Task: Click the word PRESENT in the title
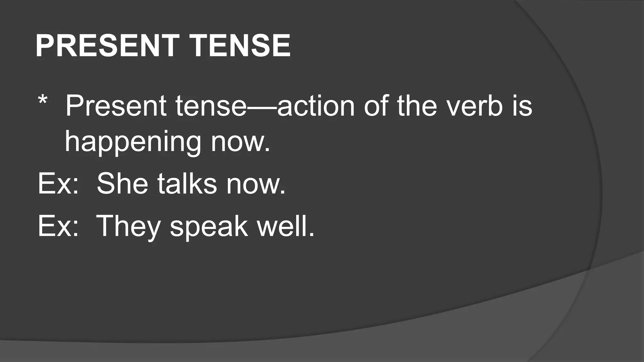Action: point(107,46)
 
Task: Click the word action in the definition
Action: point(316,106)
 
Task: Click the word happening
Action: point(133,143)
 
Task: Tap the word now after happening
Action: point(241,143)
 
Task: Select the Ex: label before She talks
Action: point(58,184)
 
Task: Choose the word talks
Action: point(187,184)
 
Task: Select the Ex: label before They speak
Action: point(58,226)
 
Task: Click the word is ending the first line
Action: point(524,106)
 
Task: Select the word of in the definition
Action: point(375,106)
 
